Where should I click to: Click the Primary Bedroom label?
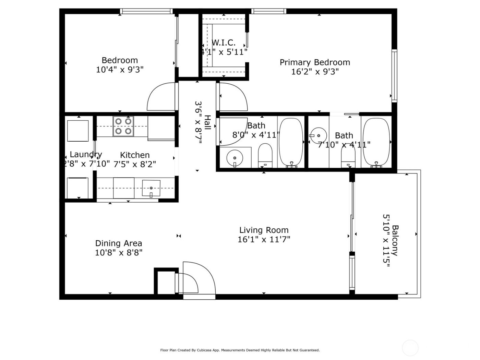pos(315,62)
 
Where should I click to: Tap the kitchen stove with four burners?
pos(123,126)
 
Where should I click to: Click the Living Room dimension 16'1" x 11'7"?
pos(264,239)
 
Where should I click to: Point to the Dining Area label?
pos(118,243)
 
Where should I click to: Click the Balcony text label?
pos(395,240)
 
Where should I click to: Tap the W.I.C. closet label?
pos(224,43)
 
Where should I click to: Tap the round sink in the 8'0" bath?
pos(235,158)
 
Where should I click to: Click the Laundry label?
pos(86,154)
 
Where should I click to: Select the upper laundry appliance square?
pos(78,131)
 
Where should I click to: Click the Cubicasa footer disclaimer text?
pos(240,350)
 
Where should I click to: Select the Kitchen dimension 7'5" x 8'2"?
pos(135,164)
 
